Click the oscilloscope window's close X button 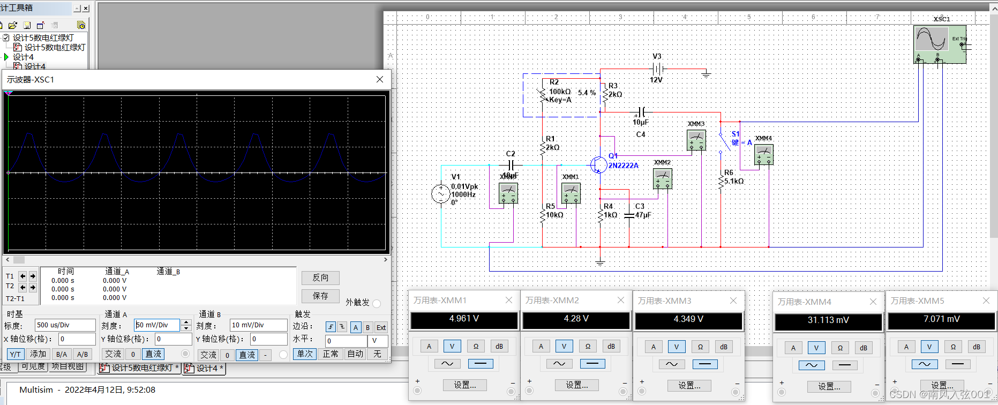pos(380,79)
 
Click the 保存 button pos(320,296)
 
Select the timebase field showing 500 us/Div pos(65,325)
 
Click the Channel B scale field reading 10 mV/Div pos(258,325)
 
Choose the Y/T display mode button pos(16,354)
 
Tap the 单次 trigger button pos(305,354)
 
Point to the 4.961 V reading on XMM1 pos(464,319)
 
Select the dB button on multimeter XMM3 pos(723,347)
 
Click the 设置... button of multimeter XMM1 pos(464,385)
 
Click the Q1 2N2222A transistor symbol pos(598,165)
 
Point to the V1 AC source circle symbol pos(440,194)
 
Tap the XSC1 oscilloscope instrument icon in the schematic pos(940,44)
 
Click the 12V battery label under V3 pos(656,80)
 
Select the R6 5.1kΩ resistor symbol pos(721,181)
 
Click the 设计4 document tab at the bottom pos(204,368)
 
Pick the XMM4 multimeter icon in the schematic pos(763,154)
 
